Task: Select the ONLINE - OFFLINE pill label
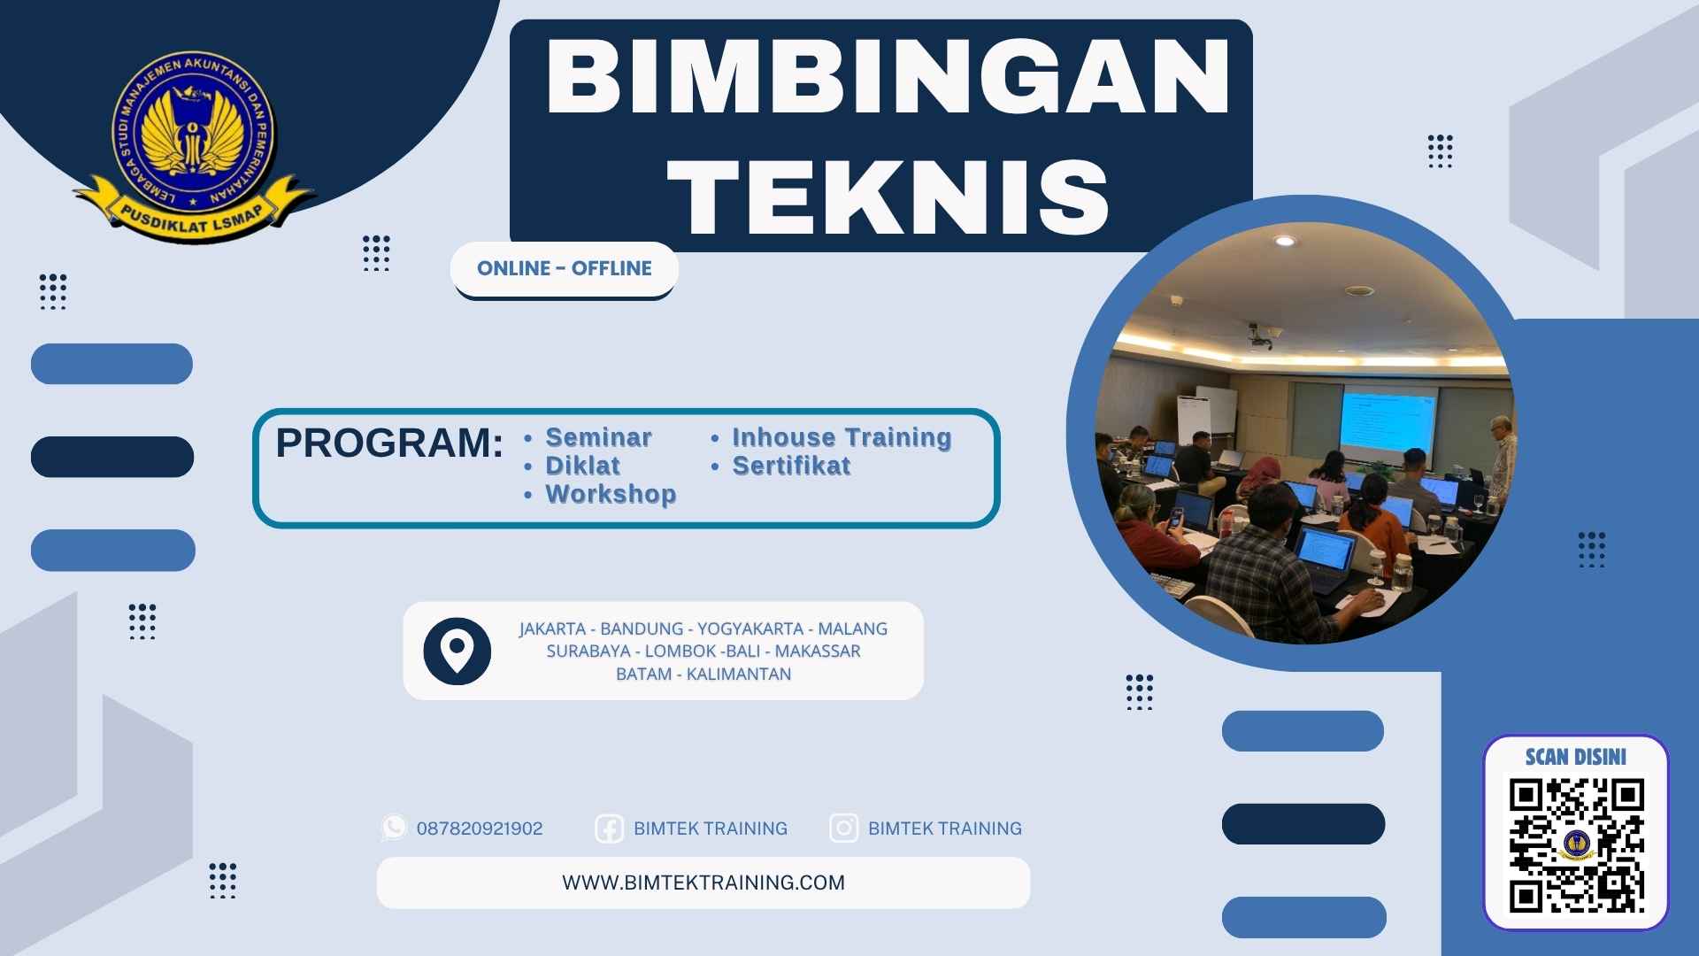point(565,268)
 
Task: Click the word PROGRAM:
point(389,443)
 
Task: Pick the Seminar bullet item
point(598,437)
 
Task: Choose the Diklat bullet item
point(582,466)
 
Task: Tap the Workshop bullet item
point(611,494)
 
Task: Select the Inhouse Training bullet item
point(842,437)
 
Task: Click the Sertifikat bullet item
point(791,466)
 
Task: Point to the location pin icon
point(457,651)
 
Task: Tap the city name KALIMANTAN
point(739,674)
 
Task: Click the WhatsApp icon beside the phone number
point(394,828)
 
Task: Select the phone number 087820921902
point(480,829)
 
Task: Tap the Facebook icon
point(609,829)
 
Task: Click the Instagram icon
point(843,828)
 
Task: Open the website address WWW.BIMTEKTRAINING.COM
point(703,883)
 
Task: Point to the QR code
point(1576,845)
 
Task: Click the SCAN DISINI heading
point(1576,757)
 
